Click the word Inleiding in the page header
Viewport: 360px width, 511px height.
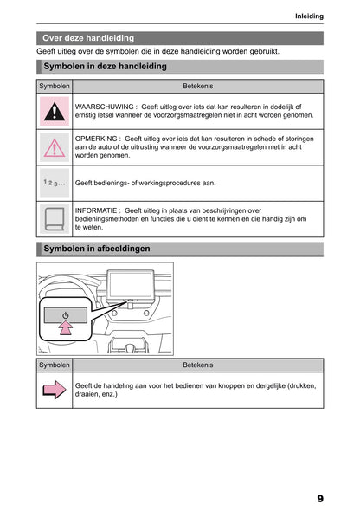pyautogui.click(x=308, y=16)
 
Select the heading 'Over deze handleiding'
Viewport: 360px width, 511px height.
pyautogui.click(x=88, y=38)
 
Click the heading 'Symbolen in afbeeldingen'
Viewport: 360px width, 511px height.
pyautogui.click(x=96, y=249)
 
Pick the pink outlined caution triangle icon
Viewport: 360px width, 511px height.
pyautogui.click(x=55, y=148)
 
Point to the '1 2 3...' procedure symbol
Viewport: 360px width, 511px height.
pyautogui.click(x=55, y=184)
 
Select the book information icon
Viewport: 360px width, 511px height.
pyautogui.click(x=55, y=219)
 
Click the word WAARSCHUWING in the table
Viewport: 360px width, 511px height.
pyautogui.click(x=105, y=105)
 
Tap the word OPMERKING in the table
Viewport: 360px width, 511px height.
pyautogui.click(x=97, y=138)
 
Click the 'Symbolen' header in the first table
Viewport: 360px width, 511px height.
pyautogui.click(x=55, y=87)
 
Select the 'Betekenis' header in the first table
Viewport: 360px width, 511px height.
pyautogui.click(x=198, y=87)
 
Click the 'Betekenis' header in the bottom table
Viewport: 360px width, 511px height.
pyautogui.click(x=198, y=365)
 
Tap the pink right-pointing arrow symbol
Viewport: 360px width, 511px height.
pyautogui.click(x=55, y=391)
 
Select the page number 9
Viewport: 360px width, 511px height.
pyautogui.click(x=319, y=499)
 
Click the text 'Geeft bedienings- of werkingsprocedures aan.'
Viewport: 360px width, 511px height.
pyautogui.click(x=145, y=184)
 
